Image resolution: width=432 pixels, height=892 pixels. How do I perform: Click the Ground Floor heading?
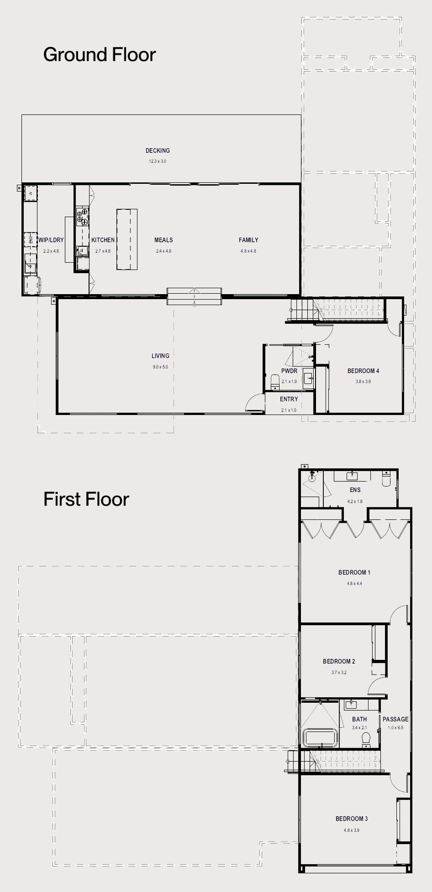click(x=99, y=54)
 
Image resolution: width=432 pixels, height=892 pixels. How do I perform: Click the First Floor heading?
click(x=86, y=499)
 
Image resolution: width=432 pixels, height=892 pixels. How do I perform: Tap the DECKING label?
click(x=157, y=150)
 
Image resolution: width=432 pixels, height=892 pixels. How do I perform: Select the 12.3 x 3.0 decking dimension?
click(x=157, y=161)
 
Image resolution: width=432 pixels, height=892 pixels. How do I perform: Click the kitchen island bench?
click(x=127, y=239)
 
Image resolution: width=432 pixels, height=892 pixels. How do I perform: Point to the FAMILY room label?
click(x=248, y=240)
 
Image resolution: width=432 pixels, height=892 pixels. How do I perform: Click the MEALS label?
click(x=163, y=240)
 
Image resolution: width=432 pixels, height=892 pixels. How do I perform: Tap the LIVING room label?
click(x=160, y=356)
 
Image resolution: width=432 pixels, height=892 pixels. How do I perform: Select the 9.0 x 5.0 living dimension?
click(x=160, y=367)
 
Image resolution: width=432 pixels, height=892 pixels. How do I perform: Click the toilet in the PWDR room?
click(x=273, y=383)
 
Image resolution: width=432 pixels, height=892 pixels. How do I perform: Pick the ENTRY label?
click(x=289, y=399)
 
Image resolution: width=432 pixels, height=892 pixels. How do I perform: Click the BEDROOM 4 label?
click(x=363, y=371)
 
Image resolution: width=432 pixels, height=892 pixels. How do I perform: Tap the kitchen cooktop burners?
click(x=82, y=218)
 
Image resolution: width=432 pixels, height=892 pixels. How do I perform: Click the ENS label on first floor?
click(x=355, y=490)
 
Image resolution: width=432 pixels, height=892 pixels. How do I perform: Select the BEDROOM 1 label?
click(x=354, y=572)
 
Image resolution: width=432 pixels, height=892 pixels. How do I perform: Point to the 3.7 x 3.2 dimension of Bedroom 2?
click(x=338, y=672)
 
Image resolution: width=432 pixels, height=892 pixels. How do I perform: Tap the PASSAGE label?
click(x=395, y=719)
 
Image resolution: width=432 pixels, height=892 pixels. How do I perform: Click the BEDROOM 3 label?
click(x=351, y=819)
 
